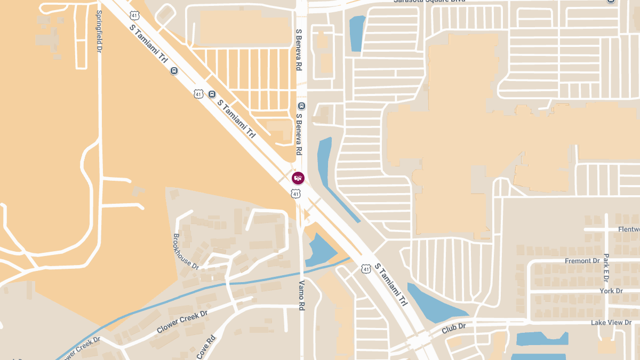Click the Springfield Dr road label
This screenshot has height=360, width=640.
[99, 31]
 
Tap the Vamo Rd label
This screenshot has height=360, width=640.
[301, 295]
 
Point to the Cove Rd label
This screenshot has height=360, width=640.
[205, 347]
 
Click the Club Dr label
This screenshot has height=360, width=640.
[453, 329]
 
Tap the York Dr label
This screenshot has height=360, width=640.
[611, 291]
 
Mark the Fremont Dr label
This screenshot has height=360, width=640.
[582, 261]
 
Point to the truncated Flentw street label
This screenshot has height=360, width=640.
[628, 229]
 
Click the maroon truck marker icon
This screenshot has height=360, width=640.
[298, 178]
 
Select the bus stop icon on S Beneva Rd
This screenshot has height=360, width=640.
[301, 106]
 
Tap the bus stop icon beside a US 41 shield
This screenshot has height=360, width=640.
[212, 94]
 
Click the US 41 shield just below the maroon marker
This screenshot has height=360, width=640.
[295, 194]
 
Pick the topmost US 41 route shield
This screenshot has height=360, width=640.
[134, 16]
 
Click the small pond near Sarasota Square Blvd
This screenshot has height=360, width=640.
[357, 34]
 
